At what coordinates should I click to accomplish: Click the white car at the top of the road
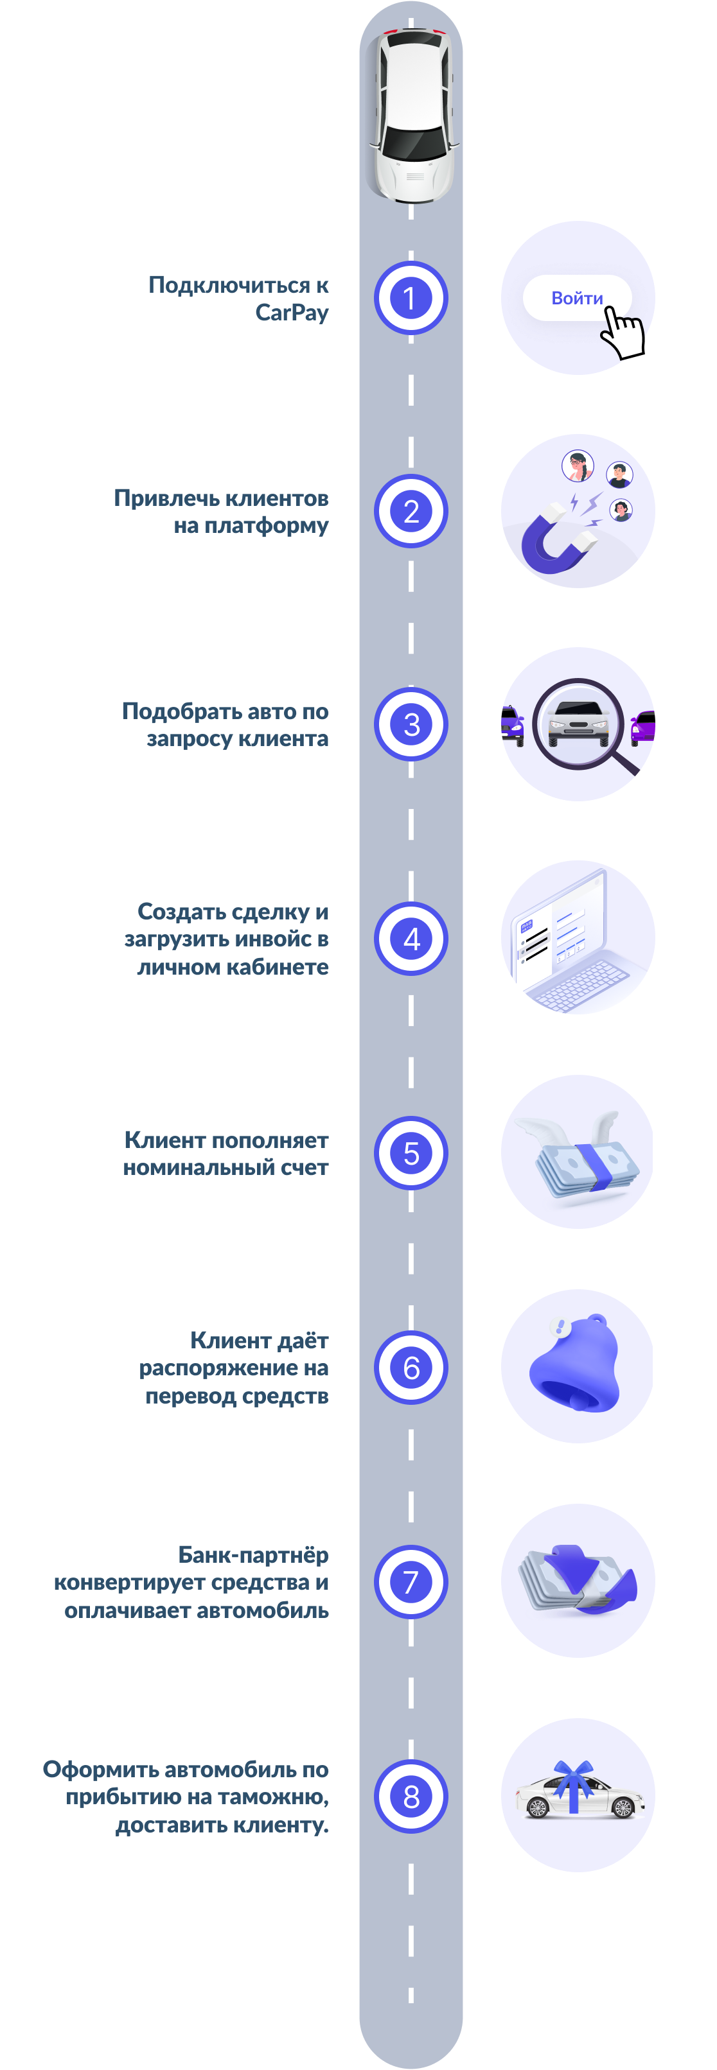click(412, 112)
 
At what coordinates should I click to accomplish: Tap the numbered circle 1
click(411, 298)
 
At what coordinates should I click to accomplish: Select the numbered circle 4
click(411, 939)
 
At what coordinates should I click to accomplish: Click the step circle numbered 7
click(411, 1581)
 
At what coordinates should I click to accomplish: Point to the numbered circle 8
click(411, 1796)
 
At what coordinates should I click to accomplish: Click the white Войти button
click(576, 298)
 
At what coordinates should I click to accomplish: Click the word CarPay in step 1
click(292, 313)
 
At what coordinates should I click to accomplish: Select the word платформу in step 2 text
click(266, 526)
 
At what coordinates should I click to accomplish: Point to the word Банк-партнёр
click(253, 1555)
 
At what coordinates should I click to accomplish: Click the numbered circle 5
click(411, 1153)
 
